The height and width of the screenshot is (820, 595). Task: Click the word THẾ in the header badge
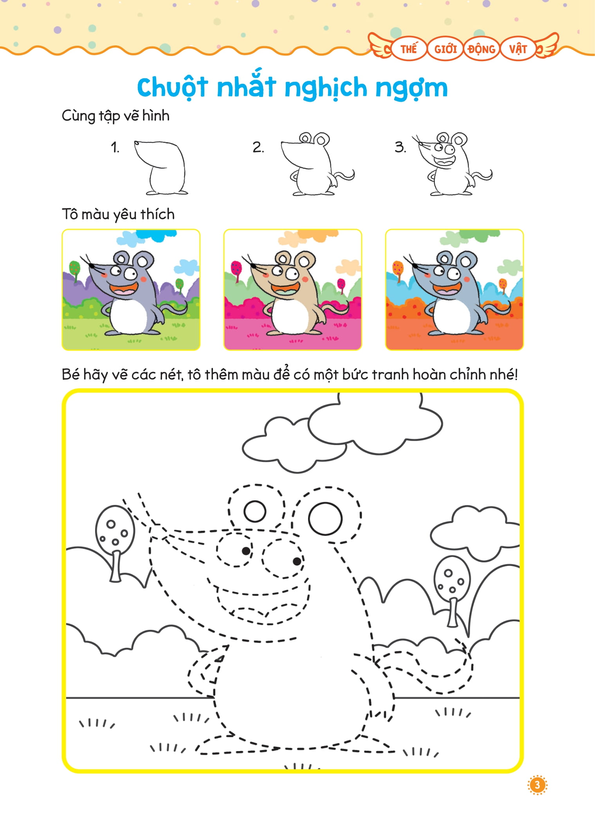coord(409,49)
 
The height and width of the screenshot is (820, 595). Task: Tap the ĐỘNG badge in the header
coord(481,49)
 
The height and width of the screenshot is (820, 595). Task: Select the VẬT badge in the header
coord(518,49)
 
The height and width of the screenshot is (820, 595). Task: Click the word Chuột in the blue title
coord(172,87)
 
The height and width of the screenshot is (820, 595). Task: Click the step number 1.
coord(115,148)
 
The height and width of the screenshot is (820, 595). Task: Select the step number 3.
coord(400,147)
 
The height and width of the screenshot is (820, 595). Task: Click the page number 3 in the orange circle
coord(537,785)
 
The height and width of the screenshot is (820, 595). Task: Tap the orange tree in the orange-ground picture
coord(398,270)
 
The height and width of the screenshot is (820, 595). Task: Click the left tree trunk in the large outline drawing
coord(115,566)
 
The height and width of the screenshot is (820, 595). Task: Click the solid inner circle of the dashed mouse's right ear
coord(325,519)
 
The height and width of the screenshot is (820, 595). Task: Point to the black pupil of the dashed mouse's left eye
coord(246,551)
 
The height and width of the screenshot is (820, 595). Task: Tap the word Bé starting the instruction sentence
coord(70,375)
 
